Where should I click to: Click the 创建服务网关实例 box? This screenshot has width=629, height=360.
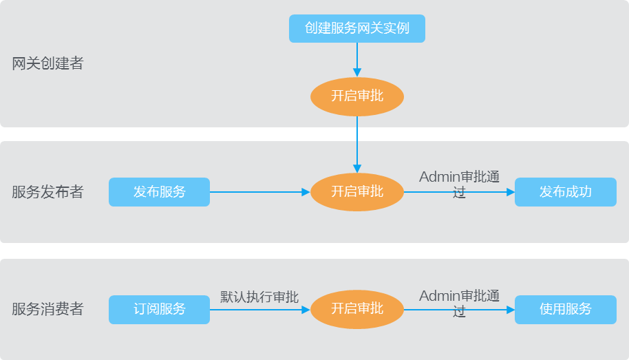[x=357, y=28]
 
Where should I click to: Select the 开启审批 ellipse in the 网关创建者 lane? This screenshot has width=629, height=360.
[x=357, y=97]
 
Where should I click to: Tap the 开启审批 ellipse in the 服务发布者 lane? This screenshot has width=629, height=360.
[x=357, y=192]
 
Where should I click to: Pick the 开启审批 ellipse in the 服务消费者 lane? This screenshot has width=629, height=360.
[x=357, y=310]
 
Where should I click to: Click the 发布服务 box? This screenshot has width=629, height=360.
[x=159, y=192]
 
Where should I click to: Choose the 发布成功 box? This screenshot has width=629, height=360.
[x=566, y=192]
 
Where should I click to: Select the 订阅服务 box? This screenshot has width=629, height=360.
[x=159, y=310]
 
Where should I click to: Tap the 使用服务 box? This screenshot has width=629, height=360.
[x=566, y=310]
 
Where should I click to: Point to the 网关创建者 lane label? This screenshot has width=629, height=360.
[x=47, y=63]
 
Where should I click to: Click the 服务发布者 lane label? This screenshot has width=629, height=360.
[x=47, y=192]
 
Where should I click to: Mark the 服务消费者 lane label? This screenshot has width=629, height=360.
[x=47, y=309]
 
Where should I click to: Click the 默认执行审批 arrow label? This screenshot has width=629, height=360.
[x=259, y=297]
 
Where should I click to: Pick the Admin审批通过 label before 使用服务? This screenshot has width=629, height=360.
[x=459, y=304]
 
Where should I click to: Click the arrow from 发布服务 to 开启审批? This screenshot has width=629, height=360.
[x=260, y=192]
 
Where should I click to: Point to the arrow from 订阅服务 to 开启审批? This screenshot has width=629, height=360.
[x=260, y=310]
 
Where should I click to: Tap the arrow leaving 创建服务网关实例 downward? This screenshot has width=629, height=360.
[x=357, y=60]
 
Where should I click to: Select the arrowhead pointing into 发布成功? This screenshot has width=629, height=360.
[x=511, y=192]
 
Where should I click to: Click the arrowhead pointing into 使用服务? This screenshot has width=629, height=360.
[x=511, y=310]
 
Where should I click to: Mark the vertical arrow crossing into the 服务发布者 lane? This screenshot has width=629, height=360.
[x=357, y=145]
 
